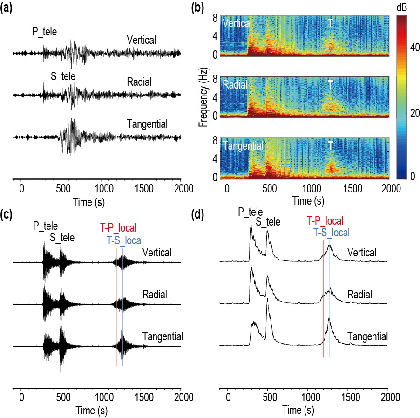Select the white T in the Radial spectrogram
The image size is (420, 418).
(x=330, y=84)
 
